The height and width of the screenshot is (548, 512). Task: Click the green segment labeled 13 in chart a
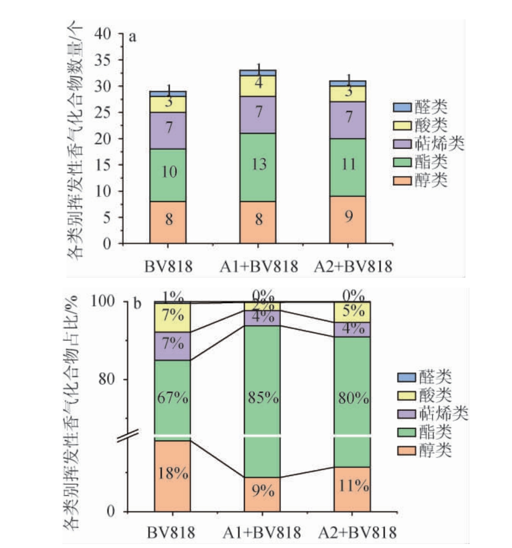[x=258, y=167]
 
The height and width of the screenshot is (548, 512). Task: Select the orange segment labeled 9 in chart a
[x=348, y=220]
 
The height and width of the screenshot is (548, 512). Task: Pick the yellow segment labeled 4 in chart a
[x=258, y=86]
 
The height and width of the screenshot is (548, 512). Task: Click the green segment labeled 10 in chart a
[x=168, y=175]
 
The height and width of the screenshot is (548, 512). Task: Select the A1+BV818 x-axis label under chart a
[x=258, y=266]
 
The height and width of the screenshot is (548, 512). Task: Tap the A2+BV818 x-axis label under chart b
[x=354, y=533]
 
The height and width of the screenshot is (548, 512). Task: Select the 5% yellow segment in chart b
[x=352, y=312]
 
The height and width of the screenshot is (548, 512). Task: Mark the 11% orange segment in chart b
[x=352, y=489]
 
